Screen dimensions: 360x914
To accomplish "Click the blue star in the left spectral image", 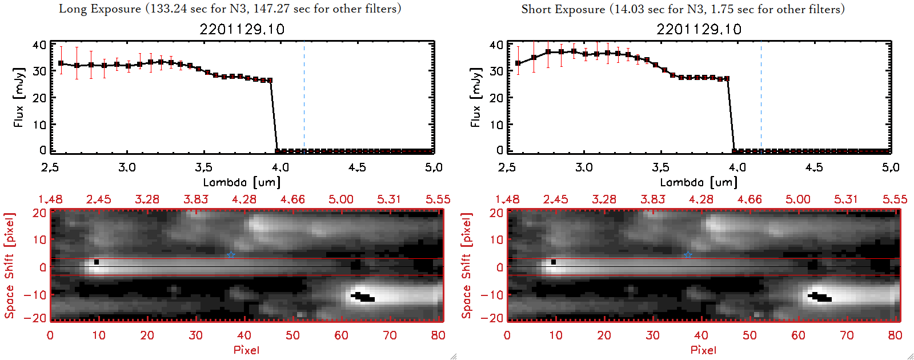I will (x=231, y=254).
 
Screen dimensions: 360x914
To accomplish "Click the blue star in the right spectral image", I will (x=688, y=254).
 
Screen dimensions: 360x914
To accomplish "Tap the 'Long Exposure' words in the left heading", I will (x=100, y=9).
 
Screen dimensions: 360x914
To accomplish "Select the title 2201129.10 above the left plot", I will (x=242, y=29).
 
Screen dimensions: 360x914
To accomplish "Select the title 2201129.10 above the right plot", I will (x=699, y=29).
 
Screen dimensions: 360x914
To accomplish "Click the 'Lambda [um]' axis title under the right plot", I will (x=699, y=182).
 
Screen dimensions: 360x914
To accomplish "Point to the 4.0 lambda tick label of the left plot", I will (x=280, y=167).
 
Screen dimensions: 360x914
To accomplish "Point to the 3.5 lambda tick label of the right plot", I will (x=660, y=167).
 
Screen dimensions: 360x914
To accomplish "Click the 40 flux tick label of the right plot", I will (x=496, y=45).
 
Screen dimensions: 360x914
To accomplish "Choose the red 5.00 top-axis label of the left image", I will (x=341, y=199).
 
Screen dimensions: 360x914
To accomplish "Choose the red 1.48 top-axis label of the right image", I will (x=507, y=199).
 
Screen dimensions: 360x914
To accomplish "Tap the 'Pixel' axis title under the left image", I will (x=246, y=350).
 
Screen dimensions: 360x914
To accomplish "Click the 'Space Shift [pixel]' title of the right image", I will (x=467, y=266).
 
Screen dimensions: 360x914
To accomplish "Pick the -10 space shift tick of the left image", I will (x=35, y=294).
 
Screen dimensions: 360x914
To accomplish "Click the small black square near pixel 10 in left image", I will (x=97, y=262).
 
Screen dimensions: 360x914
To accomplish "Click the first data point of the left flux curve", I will (x=61, y=63).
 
